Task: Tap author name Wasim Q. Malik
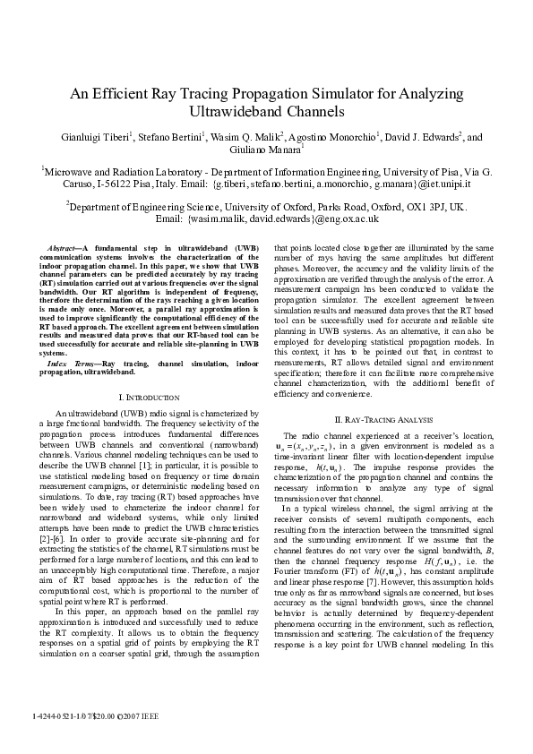pos(250,137)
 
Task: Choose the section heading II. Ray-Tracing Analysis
pos(383,418)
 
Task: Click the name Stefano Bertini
pos(173,137)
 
